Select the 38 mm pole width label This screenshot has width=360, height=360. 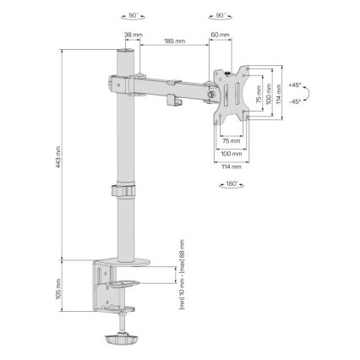click(133, 35)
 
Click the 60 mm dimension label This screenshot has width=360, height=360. click(221, 35)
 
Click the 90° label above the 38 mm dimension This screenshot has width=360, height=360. click(133, 14)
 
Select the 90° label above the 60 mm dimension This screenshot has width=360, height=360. click(220, 14)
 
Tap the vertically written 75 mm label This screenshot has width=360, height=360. click(259, 95)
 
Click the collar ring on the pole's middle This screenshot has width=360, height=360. click(124, 192)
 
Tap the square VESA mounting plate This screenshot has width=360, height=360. click(230, 95)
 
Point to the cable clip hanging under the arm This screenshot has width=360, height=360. click(176, 101)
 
